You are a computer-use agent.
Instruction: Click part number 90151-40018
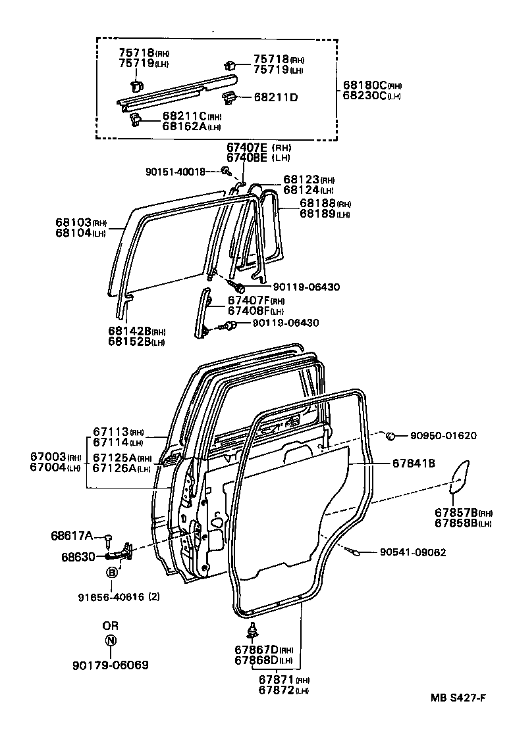click(x=175, y=172)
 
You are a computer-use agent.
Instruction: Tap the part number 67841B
click(x=414, y=464)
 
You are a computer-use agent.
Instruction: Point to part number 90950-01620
click(x=443, y=435)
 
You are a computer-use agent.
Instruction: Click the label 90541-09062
click(x=413, y=552)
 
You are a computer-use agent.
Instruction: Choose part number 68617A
click(x=72, y=535)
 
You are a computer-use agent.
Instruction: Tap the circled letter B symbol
click(x=112, y=573)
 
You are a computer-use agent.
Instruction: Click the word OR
click(x=110, y=625)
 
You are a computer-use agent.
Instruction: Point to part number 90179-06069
click(x=110, y=665)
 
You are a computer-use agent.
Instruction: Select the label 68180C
click(x=364, y=85)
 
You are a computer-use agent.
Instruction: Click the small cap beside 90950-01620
click(x=390, y=435)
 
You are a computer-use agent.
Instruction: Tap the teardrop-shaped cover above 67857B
click(x=459, y=477)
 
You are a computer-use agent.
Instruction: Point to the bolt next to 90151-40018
click(x=226, y=172)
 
